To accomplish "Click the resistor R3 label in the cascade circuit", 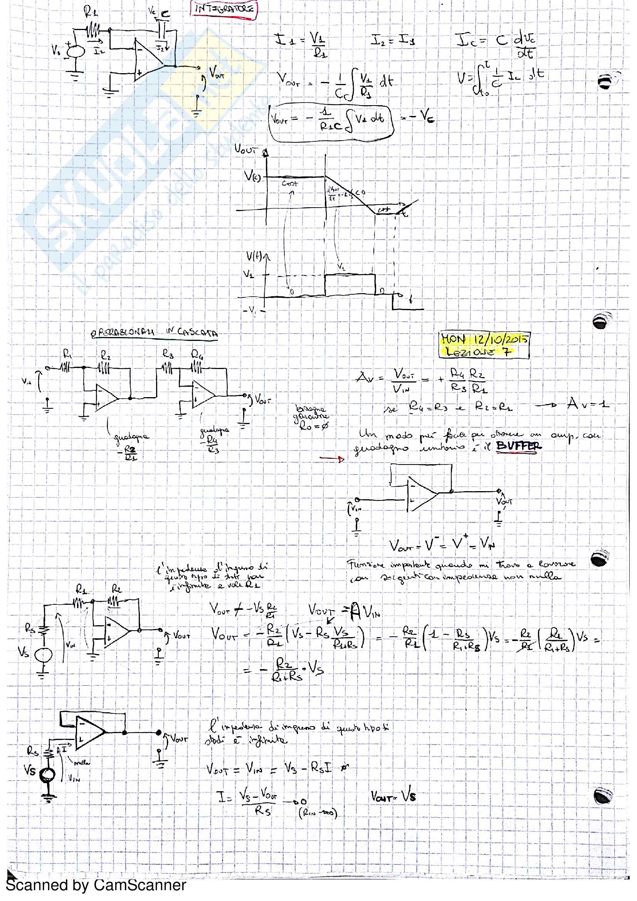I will (x=168, y=354).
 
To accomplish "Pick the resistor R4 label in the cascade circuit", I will (x=197, y=354).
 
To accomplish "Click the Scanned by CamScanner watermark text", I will (x=96, y=885).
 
